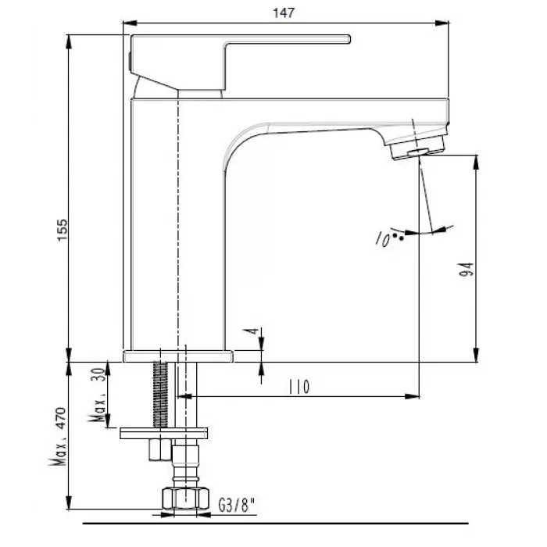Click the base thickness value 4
252,331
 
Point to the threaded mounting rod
163,395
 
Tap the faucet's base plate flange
179,357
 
